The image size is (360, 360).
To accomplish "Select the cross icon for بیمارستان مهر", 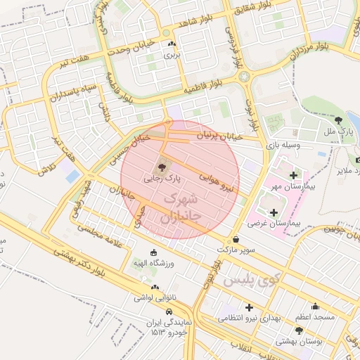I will pyautogui.click(x=292, y=174).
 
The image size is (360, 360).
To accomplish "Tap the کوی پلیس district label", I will pyautogui.click(x=252, y=280).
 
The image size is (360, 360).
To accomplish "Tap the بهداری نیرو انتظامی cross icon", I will pyautogui.click(x=248, y=307).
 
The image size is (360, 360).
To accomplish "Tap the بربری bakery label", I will pyautogui.click(x=172, y=53).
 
